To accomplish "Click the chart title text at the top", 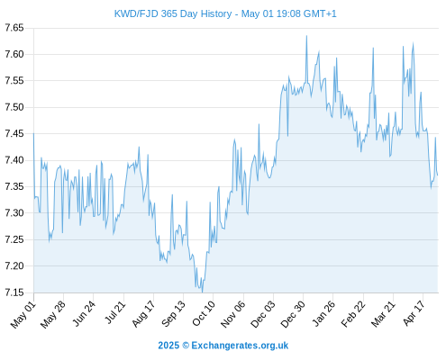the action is (225, 13).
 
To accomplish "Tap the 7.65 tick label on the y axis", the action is (14, 28).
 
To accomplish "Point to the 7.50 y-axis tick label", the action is (14, 107).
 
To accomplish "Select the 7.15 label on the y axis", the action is (14, 292).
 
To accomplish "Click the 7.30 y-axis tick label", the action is (14, 213).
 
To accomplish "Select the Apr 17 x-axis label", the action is (414, 313).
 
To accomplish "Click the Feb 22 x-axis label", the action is (353, 314).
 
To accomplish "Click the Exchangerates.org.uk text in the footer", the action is (240, 346).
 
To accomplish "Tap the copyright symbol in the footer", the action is (186, 346).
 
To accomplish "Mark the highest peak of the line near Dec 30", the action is (306, 36).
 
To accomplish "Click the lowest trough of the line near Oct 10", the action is (202, 292).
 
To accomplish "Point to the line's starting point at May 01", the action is (33, 133).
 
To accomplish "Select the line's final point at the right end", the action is (438, 175).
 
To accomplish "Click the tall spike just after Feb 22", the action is (373, 48).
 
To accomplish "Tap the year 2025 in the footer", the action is (168, 346).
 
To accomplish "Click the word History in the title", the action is (216, 13).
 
